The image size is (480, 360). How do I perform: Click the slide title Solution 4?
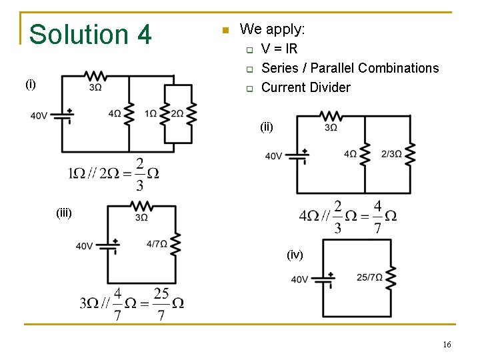pyautogui.click(x=91, y=35)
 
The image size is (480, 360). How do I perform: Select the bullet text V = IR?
pyautogui.click(x=279, y=49)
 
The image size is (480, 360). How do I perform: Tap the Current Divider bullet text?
pyautogui.click(x=305, y=87)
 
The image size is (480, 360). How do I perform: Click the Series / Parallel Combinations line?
pyautogui.click(x=350, y=68)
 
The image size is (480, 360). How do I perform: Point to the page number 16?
pyautogui.click(x=447, y=344)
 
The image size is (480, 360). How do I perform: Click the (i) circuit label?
pyautogui.click(x=31, y=84)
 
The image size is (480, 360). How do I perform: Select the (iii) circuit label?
pyautogui.click(x=63, y=213)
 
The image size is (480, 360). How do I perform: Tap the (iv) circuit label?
pyautogui.click(x=295, y=255)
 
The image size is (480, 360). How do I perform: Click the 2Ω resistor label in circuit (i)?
pyautogui.click(x=177, y=114)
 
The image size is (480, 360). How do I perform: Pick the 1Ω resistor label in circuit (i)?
pyautogui.click(x=151, y=114)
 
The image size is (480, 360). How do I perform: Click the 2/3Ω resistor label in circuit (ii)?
pyautogui.click(x=391, y=154)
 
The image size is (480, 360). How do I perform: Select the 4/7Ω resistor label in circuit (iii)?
pyautogui.click(x=157, y=244)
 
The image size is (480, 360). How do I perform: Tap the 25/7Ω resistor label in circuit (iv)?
pyautogui.click(x=369, y=277)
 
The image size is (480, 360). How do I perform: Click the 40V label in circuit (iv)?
pyautogui.click(x=299, y=279)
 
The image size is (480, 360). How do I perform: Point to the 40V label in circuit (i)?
pyautogui.click(x=39, y=115)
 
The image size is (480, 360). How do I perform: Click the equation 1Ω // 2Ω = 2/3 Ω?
pyautogui.click(x=113, y=174)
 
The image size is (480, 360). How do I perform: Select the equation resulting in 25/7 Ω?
pyautogui.click(x=131, y=303)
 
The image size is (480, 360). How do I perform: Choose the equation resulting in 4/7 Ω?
pyautogui.click(x=348, y=216)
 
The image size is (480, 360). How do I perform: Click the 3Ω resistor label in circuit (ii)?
pyautogui.click(x=331, y=127)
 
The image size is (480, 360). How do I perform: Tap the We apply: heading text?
pyautogui.click(x=272, y=29)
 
